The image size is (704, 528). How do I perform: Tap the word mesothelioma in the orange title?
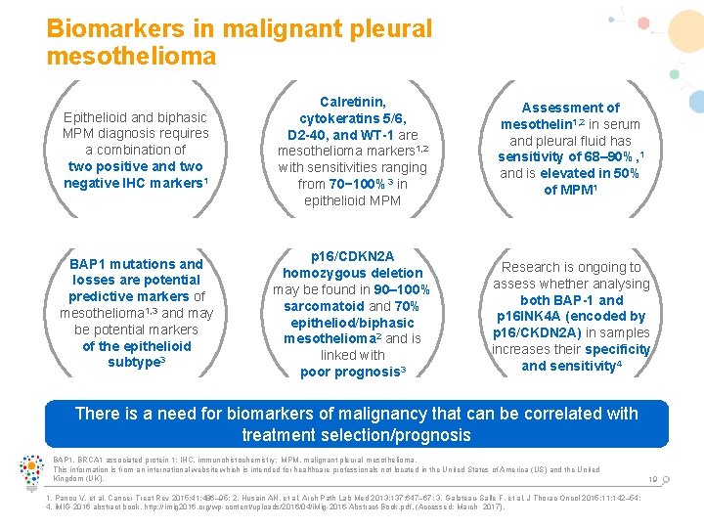[x=131, y=57]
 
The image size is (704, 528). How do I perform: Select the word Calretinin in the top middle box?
[x=352, y=102]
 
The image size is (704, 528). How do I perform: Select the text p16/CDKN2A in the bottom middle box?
[x=352, y=256]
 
